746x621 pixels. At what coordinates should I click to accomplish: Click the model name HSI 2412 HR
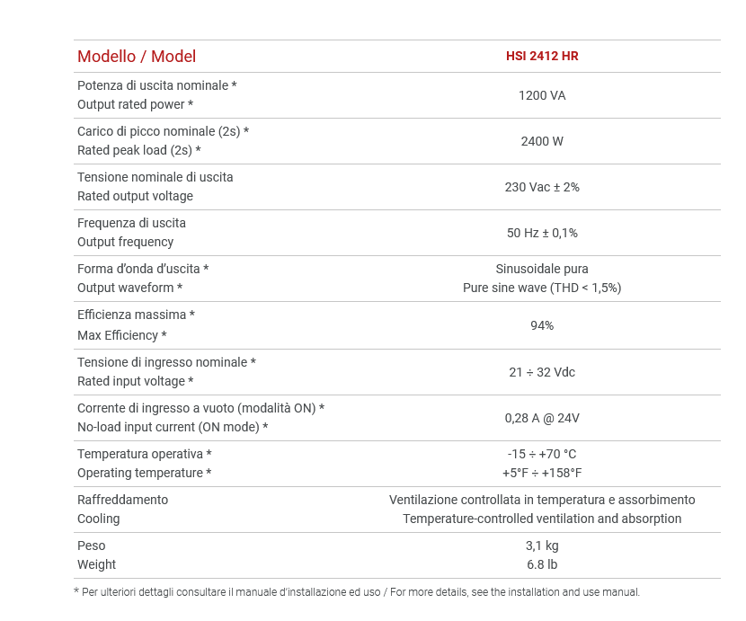(542, 56)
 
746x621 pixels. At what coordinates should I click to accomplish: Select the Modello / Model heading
(137, 57)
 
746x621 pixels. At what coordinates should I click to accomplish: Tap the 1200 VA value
(542, 95)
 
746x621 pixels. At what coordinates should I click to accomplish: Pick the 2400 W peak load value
(542, 141)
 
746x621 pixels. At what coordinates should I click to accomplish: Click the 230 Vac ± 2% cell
(542, 187)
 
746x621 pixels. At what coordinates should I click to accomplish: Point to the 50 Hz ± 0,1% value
(542, 233)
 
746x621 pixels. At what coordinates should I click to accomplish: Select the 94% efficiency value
(542, 325)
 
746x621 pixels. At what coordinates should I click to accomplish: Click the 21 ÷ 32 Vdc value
(542, 372)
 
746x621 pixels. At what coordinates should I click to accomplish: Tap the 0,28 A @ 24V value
(542, 418)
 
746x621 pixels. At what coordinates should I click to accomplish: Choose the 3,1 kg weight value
(542, 546)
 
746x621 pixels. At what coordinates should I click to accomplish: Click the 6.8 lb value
(542, 564)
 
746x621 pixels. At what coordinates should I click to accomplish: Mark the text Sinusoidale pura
(542, 269)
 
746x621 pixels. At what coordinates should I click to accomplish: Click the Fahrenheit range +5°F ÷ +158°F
(542, 473)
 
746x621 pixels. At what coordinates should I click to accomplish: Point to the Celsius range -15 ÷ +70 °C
(542, 454)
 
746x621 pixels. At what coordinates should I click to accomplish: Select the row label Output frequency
(126, 242)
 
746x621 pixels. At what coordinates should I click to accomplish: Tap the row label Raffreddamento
(122, 500)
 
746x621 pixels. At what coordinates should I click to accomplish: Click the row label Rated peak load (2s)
(139, 150)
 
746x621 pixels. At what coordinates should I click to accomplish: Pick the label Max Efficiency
(122, 335)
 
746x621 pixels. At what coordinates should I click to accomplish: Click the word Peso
(92, 546)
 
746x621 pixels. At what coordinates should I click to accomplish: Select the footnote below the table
(357, 592)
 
